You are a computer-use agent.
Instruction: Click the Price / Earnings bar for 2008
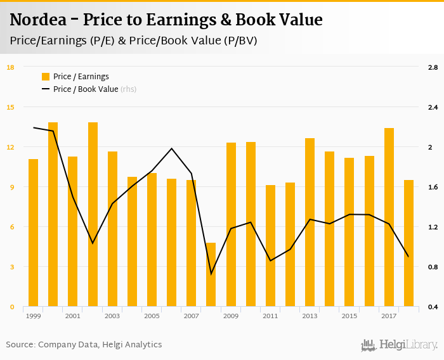click(x=211, y=274)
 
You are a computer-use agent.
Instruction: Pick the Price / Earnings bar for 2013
click(x=310, y=222)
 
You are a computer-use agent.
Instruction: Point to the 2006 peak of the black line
click(x=171, y=148)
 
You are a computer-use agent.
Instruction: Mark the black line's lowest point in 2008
click(x=211, y=274)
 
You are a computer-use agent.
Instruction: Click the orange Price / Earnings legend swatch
click(x=46, y=77)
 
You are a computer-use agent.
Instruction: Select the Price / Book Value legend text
click(x=86, y=89)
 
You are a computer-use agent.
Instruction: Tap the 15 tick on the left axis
click(x=10, y=107)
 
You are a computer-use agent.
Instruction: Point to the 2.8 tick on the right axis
click(x=433, y=67)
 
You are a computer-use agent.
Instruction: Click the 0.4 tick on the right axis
click(x=433, y=307)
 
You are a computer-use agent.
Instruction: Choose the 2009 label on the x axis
click(x=231, y=316)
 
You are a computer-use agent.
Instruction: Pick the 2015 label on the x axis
click(x=349, y=316)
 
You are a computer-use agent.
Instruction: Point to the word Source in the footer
click(x=20, y=345)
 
